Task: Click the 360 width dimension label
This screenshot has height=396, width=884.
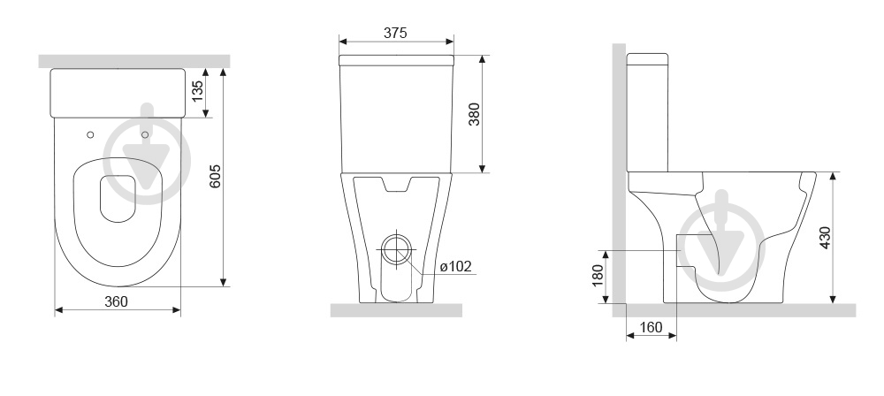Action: [116, 301]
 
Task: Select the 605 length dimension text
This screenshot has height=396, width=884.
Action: [216, 177]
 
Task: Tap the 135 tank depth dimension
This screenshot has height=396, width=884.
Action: [197, 91]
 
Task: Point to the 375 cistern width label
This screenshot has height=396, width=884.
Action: [395, 33]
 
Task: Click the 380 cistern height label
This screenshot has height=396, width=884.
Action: [474, 114]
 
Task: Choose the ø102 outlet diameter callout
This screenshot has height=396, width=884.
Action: [455, 266]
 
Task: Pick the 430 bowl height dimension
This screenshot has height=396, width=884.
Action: [825, 238]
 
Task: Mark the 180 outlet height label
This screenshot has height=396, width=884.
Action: [598, 276]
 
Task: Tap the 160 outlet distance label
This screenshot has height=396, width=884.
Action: [652, 327]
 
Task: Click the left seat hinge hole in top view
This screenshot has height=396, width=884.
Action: [90, 135]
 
